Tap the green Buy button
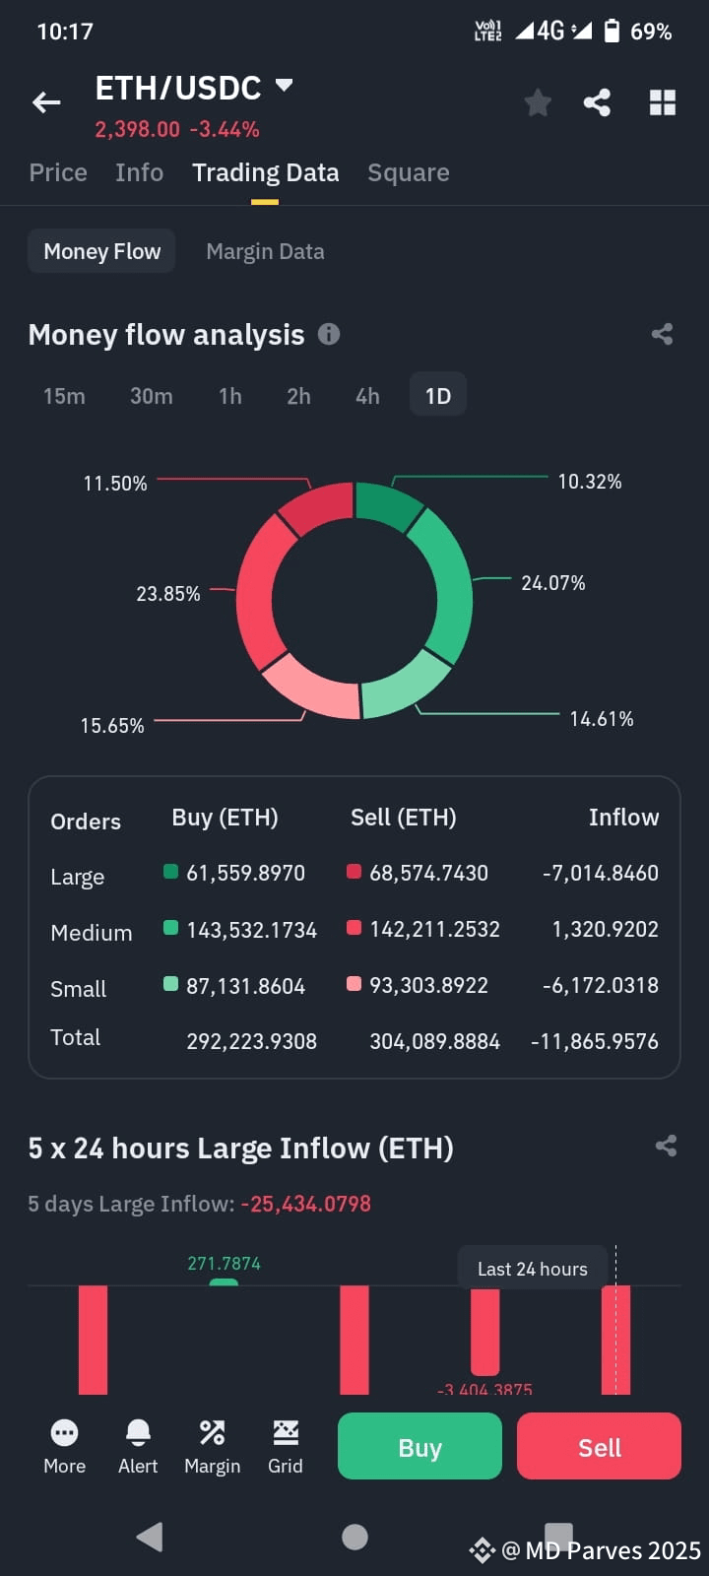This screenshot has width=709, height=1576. (419, 1446)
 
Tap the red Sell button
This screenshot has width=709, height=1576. (599, 1446)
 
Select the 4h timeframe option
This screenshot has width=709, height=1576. (367, 396)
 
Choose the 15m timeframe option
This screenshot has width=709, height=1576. (64, 396)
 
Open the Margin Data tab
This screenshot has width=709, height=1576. (265, 251)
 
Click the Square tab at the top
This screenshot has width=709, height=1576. (408, 172)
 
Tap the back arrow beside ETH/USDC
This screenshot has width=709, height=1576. (46, 102)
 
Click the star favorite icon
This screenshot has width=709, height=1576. (538, 102)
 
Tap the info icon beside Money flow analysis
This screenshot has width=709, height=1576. (329, 334)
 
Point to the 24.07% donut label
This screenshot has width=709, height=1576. (552, 583)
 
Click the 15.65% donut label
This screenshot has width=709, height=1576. (112, 726)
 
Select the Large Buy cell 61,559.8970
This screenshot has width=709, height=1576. (245, 873)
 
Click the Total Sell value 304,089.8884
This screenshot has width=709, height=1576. (434, 1041)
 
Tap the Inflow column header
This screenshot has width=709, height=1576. (623, 818)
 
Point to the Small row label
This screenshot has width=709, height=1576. (78, 988)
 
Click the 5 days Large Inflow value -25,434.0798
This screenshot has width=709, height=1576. (305, 1204)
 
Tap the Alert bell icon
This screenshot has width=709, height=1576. (138, 1433)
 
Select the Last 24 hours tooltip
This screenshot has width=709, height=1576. (532, 1269)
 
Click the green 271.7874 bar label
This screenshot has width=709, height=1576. (224, 1263)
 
